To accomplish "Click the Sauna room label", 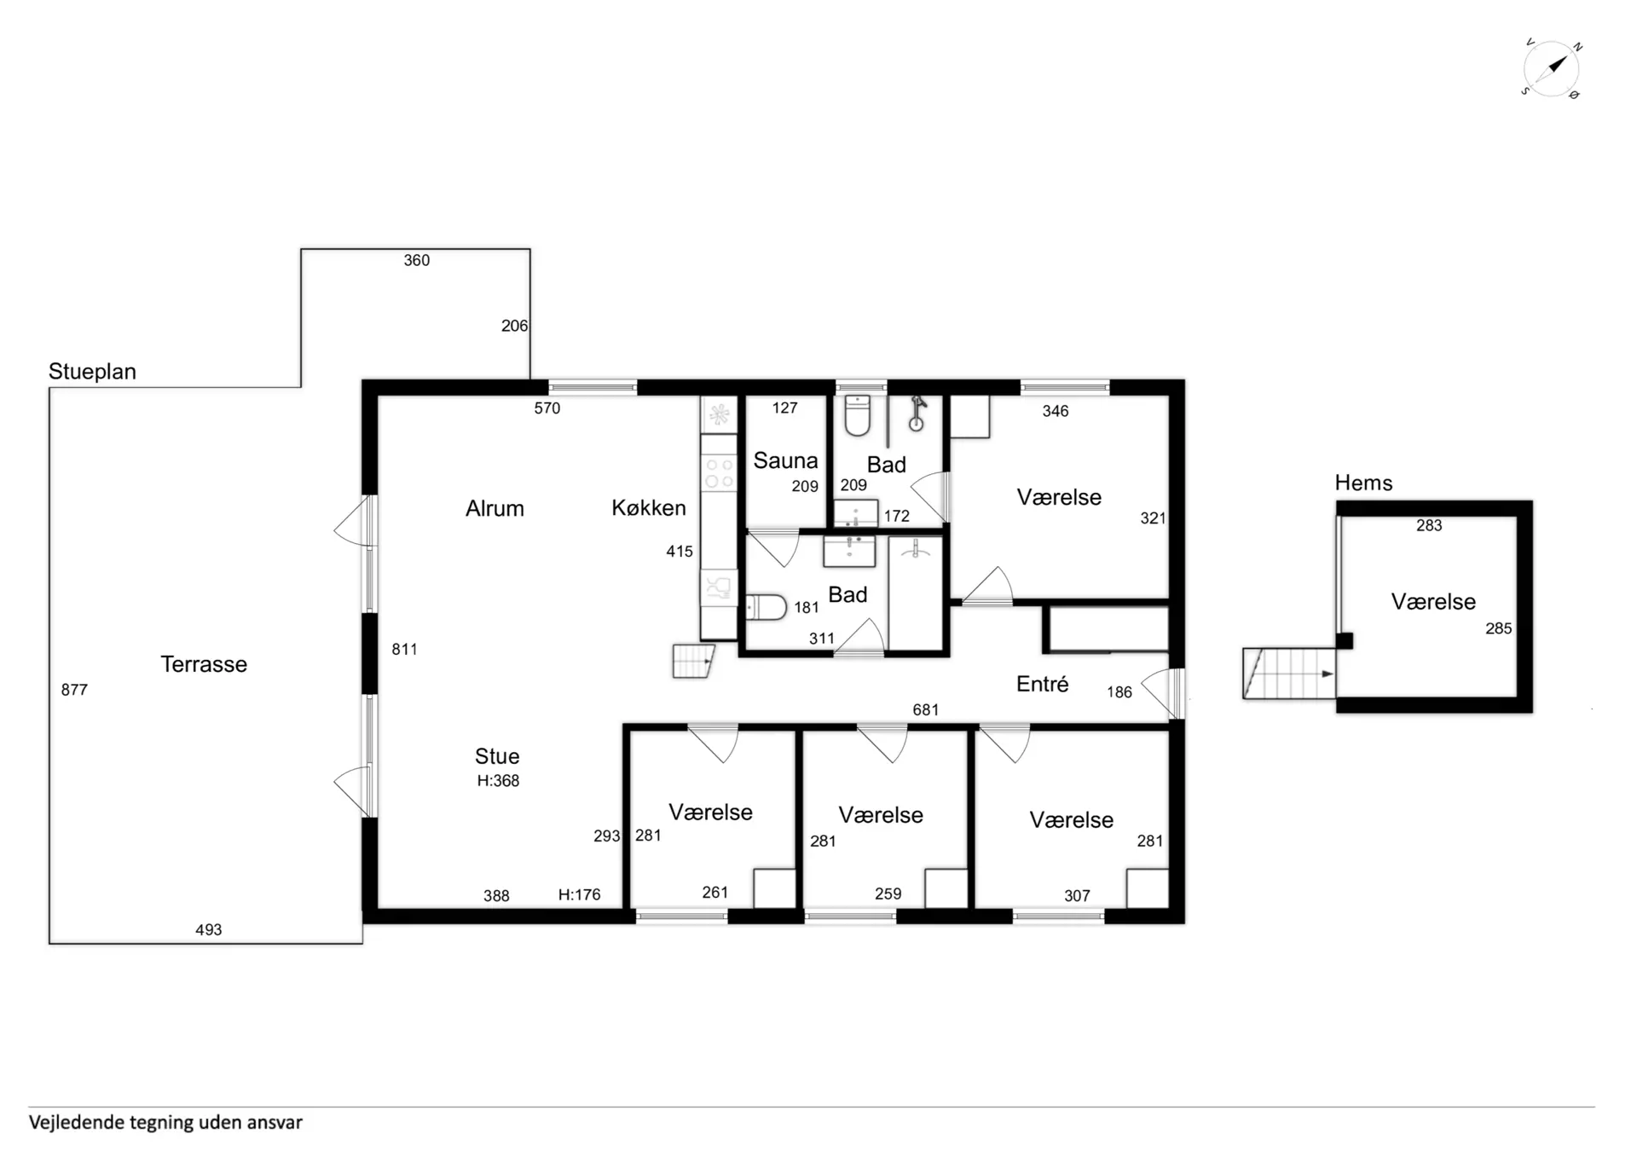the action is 785,461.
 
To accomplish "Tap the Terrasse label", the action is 204,664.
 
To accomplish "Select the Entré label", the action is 1042,684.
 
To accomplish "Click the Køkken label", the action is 649,508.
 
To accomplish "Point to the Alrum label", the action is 495,509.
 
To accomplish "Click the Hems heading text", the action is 1363,483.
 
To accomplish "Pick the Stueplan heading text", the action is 92,372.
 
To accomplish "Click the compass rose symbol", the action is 1552,68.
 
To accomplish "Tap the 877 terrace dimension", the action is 74,690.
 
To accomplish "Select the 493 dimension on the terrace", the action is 209,930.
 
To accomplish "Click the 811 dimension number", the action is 404,650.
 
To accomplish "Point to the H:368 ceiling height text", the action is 498,781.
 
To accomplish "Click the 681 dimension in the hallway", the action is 926,710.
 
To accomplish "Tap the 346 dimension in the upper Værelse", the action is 1056,412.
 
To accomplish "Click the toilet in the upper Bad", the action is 857,415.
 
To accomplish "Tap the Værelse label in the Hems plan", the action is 1433,602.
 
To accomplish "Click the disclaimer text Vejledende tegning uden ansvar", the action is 165,1123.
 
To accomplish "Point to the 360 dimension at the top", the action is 417,261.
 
